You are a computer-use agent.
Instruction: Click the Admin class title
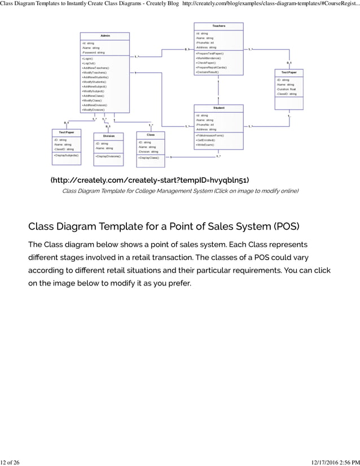[x=105, y=36]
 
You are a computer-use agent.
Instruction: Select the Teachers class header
[x=218, y=26]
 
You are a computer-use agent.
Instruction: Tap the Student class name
[x=218, y=108]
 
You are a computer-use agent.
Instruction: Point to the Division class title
[x=108, y=136]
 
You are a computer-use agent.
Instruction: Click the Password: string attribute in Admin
[x=94, y=52]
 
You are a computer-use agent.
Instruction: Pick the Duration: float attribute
[x=286, y=89]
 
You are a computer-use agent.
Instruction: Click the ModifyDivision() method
[x=93, y=109]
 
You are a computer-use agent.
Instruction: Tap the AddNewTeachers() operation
[x=95, y=68]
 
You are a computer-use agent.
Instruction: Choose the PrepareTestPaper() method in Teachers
[x=210, y=53]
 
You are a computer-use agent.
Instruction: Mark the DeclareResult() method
[x=208, y=72]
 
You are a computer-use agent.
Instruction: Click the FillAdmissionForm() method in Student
[x=210, y=135]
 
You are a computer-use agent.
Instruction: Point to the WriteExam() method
[x=205, y=145]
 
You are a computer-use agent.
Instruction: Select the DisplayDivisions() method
[x=108, y=156]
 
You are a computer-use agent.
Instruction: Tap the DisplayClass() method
[x=149, y=158]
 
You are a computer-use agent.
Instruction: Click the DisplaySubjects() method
[x=67, y=155]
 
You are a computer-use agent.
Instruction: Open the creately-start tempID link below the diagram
[x=150, y=180]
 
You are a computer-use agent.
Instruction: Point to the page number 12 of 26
[x=10, y=462]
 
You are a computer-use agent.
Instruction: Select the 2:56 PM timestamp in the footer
[x=345, y=462]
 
